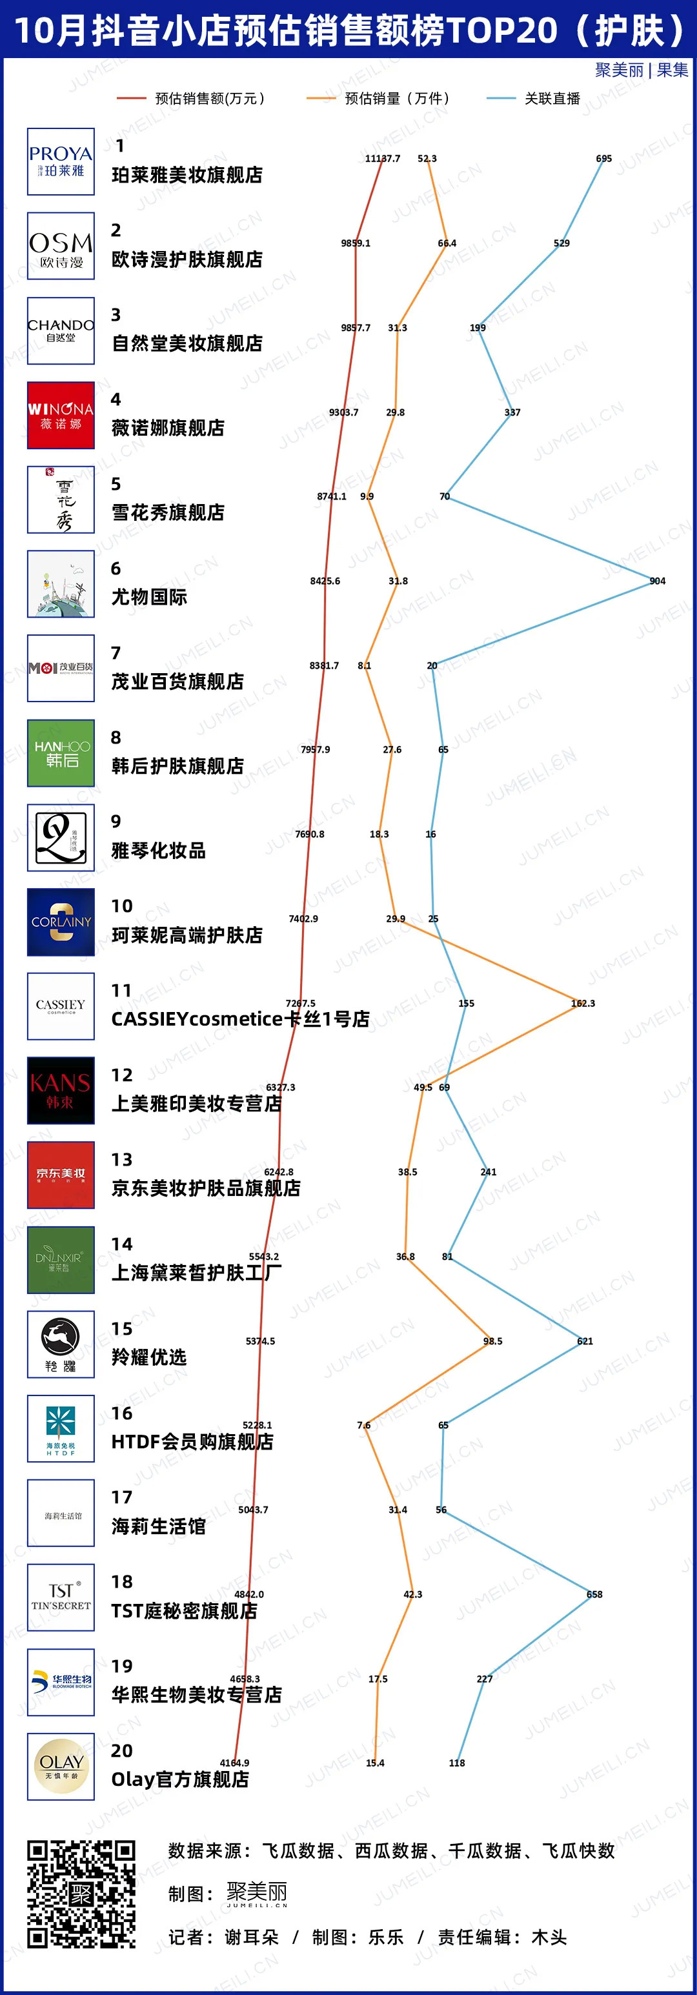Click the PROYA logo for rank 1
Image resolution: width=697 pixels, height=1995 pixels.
click(61, 161)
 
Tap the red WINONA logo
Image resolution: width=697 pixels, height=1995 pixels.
click(61, 415)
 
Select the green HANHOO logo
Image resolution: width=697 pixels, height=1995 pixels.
click(61, 753)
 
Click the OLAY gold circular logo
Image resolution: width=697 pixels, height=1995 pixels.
click(61, 1767)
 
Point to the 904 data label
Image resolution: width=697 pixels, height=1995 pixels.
click(657, 581)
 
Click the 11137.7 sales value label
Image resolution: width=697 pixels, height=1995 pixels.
click(383, 159)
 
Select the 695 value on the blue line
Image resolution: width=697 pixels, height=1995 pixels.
click(603, 159)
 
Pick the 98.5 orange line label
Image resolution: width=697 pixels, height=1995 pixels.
click(492, 1341)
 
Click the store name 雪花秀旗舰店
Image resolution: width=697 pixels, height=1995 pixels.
click(168, 512)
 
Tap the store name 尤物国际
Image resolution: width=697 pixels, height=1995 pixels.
click(150, 596)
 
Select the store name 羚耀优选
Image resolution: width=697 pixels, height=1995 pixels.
click(150, 1357)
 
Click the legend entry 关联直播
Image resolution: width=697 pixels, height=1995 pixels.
click(551, 98)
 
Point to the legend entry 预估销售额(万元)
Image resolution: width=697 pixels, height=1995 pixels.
click(209, 98)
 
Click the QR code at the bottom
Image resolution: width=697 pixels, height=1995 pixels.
click(81, 1894)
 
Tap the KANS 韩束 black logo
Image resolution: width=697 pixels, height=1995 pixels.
click(61, 1090)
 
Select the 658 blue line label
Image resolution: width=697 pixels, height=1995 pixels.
click(594, 1594)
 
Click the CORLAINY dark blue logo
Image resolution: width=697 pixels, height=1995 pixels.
click(61, 922)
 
